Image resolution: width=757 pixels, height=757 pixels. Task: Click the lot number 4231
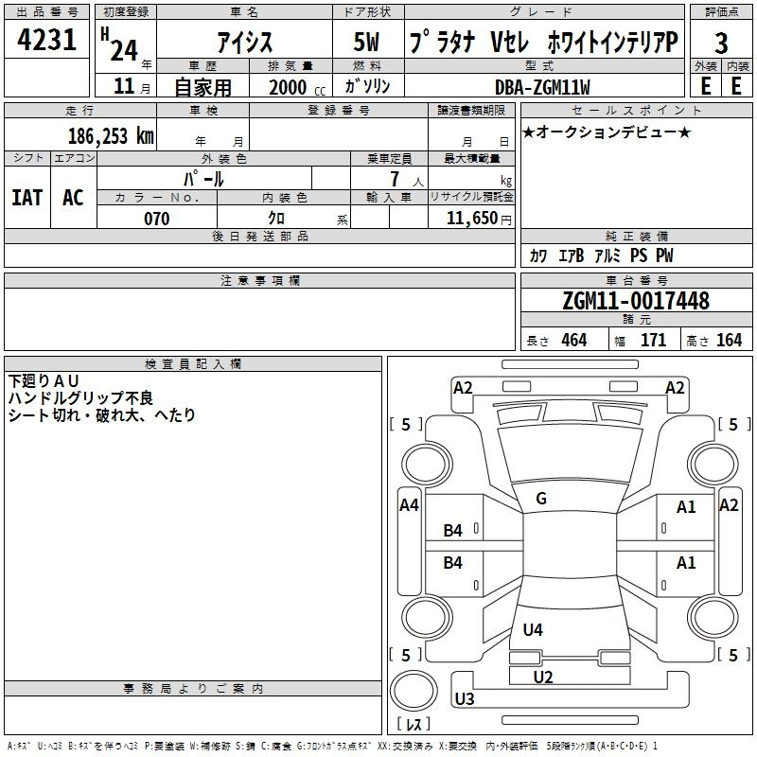pyautogui.click(x=47, y=41)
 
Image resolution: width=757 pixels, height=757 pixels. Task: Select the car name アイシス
pyautogui.click(x=243, y=43)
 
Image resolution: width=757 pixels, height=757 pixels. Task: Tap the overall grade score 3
pyautogui.click(x=722, y=43)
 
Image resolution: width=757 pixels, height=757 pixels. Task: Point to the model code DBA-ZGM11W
pyautogui.click(x=542, y=87)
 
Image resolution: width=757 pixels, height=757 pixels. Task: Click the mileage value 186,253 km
pyautogui.click(x=110, y=135)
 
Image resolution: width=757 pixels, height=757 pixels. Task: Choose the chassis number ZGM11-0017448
pyautogui.click(x=635, y=301)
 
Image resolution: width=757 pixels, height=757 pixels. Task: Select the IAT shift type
pyautogui.click(x=26, y=197)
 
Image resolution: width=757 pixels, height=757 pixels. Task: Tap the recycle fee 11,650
pyautogui.click(x=472, y=219)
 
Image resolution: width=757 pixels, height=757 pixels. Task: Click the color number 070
pyautogui.click(x=156, y=219)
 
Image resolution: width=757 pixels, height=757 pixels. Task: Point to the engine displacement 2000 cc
pyautogui.click(x=290, y=87)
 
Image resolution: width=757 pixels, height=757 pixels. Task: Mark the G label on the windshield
pyautogui.click(x=541, y=499)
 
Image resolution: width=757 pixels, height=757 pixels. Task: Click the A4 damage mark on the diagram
pyautogui.click(x=409, y=505)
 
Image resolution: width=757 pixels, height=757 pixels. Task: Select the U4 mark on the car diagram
pyautogui.click(x=533, y=629)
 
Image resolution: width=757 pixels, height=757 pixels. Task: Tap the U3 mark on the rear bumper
pyautogui.click(x=465, y=699)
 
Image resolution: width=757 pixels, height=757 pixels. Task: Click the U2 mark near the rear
pyautogui.click(x=543, y=677)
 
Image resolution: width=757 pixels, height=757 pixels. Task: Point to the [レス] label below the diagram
pyautogui.click(x=413, y=725)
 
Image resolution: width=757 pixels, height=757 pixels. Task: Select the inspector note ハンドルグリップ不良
pyautogui.click(x=80, y=397)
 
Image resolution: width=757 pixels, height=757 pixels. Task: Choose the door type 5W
pyautogui.click(x=368, y=43)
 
